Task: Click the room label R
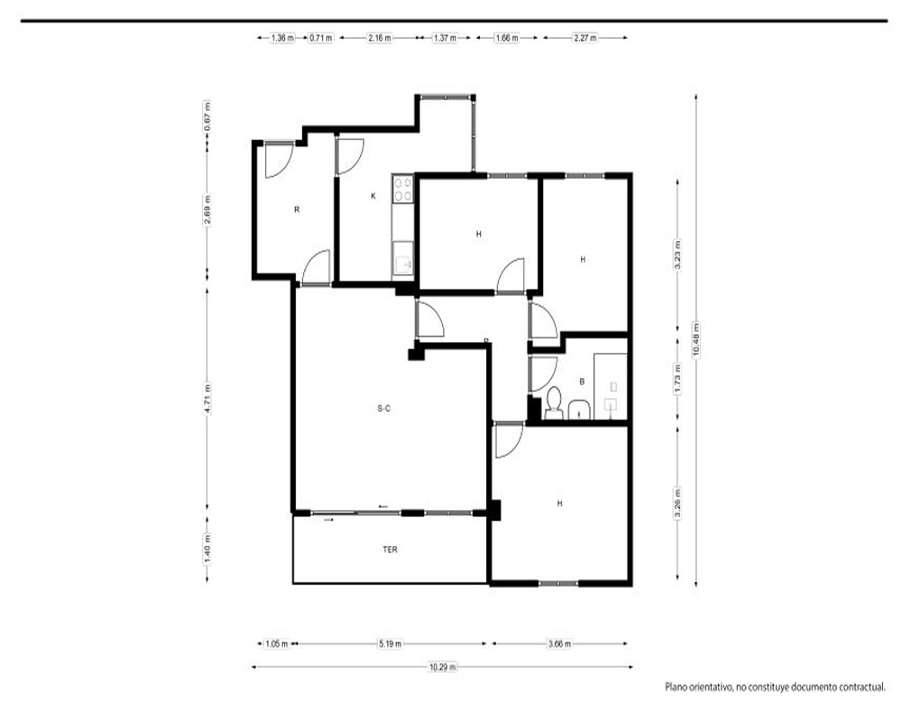click(297, 209)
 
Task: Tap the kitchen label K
click(373, 196)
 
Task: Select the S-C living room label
click(384, 409)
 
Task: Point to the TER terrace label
click(390, 550)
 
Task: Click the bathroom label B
click(582, 382)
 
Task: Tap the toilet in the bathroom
click(554, 403)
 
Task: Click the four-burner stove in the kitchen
click(402, 189)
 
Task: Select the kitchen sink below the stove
click(402, 259)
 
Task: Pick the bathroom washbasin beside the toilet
click(579, 410)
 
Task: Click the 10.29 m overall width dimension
click(442, 667)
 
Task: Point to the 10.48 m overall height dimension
click(696, 339)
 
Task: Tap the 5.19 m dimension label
click(390, 643)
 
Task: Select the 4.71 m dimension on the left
click(207, 398)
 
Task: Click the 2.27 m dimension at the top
click(584, 38)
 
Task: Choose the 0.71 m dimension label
click(321, 38)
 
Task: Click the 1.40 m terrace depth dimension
click(207, 549)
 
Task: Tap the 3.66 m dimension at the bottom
click(559, 643)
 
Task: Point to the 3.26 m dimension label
click(677, 504)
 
